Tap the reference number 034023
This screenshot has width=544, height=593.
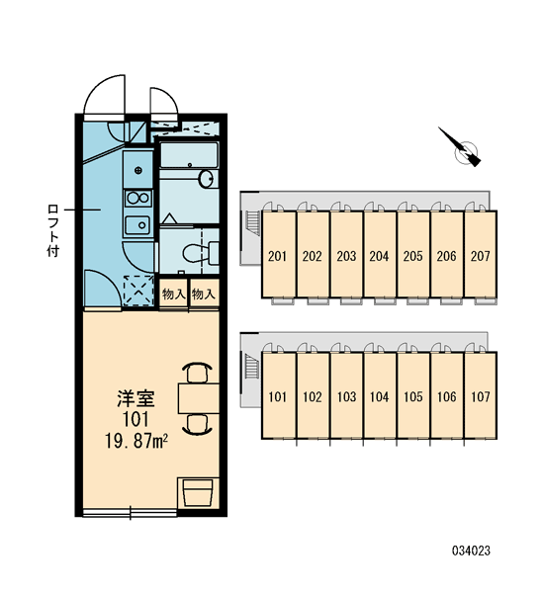pyautogui.click(x=471, y=551)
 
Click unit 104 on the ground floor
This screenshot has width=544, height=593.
pyautogui.click(x=380, y=395)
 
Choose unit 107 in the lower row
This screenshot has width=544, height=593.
pyautogui.click(x=481, y=395)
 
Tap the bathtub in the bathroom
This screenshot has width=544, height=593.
pyautogui.click(x=189, y=155)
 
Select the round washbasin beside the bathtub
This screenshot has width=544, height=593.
pyautogui.click(x=207, y=179)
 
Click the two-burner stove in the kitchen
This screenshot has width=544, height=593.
pyautogui.click(x=138, y=198)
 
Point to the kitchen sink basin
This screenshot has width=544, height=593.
pyautogui.click(x=137, y=225)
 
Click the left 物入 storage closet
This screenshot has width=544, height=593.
pyautogui.click(x=173, y=294)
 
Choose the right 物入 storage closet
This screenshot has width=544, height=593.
pyautogui.click(x=204, y=294)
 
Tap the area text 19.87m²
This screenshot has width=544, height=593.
pyautogui.click(x=136, y=441)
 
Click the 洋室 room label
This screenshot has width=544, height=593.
pyautogui.click(x=136, y=398)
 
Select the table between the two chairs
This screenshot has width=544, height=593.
pyautogui.click(x=199, y=398)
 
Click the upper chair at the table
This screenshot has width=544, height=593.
pyautogui.click(x=197, y=373)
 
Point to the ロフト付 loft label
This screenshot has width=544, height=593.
pyautogui.click(x=53, y=230)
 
